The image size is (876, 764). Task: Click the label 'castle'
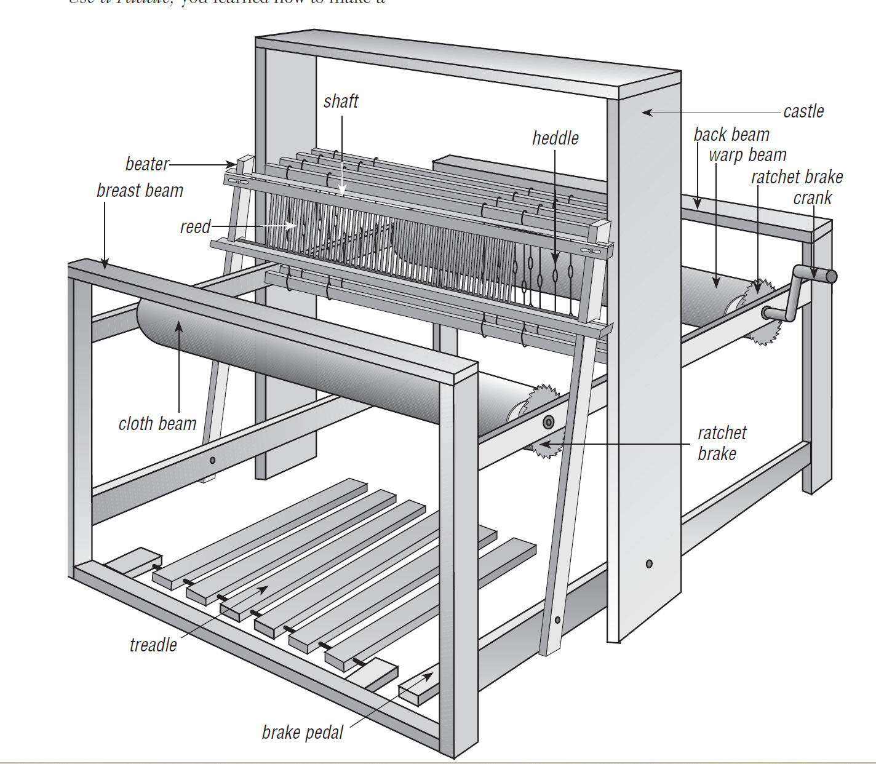[803, 111]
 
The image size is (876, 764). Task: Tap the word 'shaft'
[341, 101]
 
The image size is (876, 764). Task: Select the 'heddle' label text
[555, 138]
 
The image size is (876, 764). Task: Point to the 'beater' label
[147, 164]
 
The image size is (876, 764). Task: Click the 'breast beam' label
[140, 191]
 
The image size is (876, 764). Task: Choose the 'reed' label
[195, 227]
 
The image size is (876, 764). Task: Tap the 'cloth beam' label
[157, 424]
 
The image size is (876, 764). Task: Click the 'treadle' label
[153, 645]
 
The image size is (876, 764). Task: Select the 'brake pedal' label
[303, 733]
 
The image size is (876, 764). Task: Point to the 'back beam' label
[731, 135]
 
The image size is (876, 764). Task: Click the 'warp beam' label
[747, 155]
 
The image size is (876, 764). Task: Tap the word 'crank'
[812, 198]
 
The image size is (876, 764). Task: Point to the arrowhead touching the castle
[647, 113]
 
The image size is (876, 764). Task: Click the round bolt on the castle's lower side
[649, 563]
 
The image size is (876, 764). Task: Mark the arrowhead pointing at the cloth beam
[179, 326]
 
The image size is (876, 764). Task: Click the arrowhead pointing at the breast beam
[105, 265]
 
